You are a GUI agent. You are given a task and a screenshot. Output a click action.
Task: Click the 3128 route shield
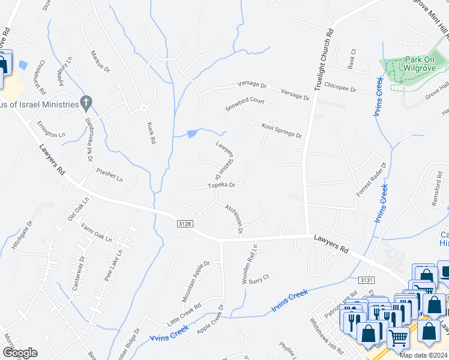tap(185, 223)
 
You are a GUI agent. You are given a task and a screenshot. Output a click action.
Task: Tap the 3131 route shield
tap(366, 280)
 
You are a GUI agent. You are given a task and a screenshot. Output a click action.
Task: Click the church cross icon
tap(86, 103)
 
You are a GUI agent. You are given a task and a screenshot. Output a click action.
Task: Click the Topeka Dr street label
tap(220, 185)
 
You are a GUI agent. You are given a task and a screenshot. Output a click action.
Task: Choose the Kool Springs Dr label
tap(282, 130)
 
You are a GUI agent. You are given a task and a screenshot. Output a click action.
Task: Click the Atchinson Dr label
tap(234, 218)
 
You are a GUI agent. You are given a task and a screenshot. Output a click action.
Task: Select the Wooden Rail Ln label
tap(249, 265)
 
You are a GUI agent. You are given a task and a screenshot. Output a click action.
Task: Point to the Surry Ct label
tap(258, 280)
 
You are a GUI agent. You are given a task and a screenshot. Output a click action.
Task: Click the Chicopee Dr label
tap(340, 88)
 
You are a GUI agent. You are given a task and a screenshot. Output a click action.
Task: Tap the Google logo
tap(20, 353)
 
